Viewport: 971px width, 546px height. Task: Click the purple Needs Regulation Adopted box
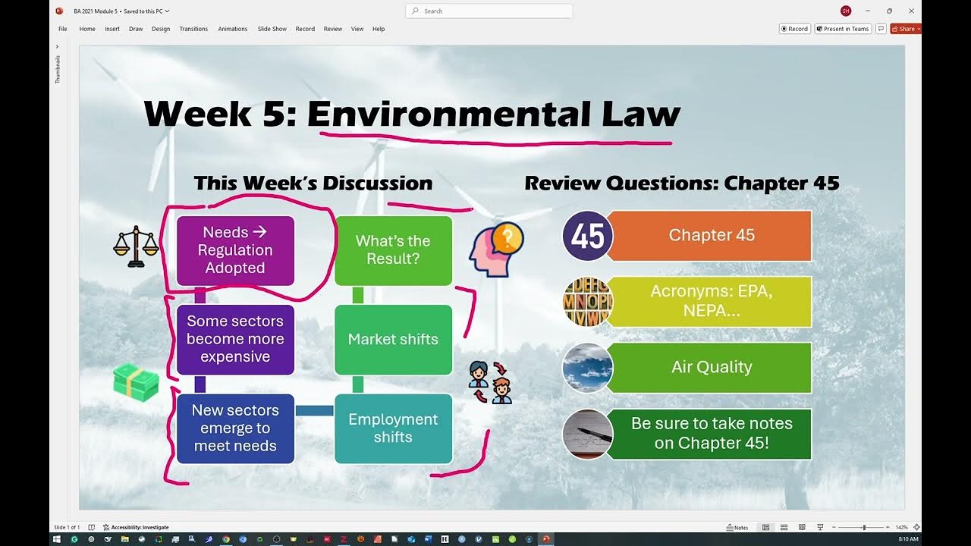coord(235,250)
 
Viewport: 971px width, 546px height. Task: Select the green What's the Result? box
coord(393,250)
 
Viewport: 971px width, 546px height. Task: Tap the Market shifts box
coord(393,339)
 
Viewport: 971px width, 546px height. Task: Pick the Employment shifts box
coord(393,428)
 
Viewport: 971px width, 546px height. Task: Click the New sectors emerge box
coord(235,428)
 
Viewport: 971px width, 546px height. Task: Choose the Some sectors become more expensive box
coord(235,339)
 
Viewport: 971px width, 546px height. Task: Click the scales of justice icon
coord(136,246)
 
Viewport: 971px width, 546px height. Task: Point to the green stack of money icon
coord(136,382)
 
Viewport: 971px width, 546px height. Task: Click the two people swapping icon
coord(490,382)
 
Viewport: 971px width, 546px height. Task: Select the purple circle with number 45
coord(588,236)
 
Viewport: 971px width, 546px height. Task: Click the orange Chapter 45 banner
coord(711,236)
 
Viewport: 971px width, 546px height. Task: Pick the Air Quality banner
coord(711,368)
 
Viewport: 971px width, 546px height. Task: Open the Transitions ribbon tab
coord(193,29)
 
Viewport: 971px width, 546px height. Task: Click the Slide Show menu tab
coord(272,29)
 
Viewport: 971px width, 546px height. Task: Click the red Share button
coord(905,29)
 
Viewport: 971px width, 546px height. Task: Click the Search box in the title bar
coord(489,11)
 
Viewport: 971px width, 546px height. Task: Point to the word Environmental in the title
coord(448,114)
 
